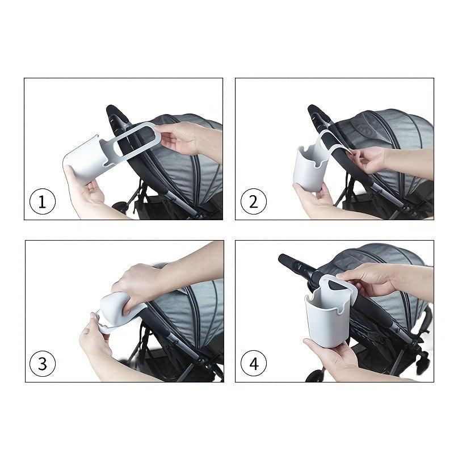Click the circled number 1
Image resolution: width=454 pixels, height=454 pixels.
(x=43, y=201)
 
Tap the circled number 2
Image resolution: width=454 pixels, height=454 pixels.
(x=254, y=201)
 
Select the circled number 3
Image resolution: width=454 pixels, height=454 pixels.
(x=43, y=364)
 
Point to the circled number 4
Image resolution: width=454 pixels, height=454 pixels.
(x=254, y=364)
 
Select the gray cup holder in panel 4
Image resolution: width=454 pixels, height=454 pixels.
(x=327, y=318)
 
